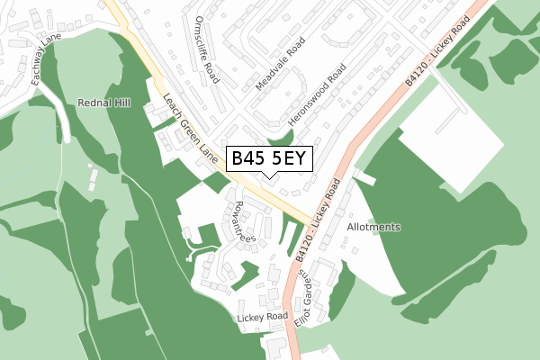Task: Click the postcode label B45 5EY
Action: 269,159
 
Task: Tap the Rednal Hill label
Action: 104,103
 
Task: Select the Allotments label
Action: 373,228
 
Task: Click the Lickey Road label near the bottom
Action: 262,318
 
